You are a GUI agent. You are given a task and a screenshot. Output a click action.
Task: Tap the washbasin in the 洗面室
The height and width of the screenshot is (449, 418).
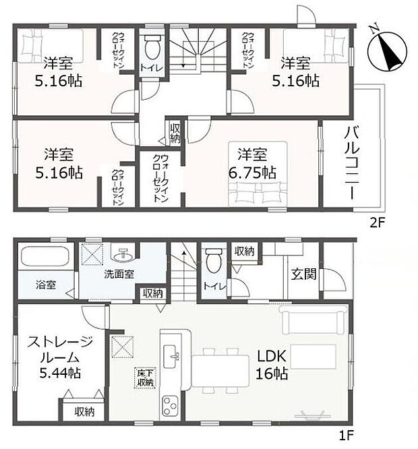tap(124, 256)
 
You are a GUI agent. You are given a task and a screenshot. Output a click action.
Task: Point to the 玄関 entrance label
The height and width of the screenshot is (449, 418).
tap(300, 274)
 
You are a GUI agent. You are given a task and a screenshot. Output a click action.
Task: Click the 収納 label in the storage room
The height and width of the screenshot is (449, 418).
tap(84, 411)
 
